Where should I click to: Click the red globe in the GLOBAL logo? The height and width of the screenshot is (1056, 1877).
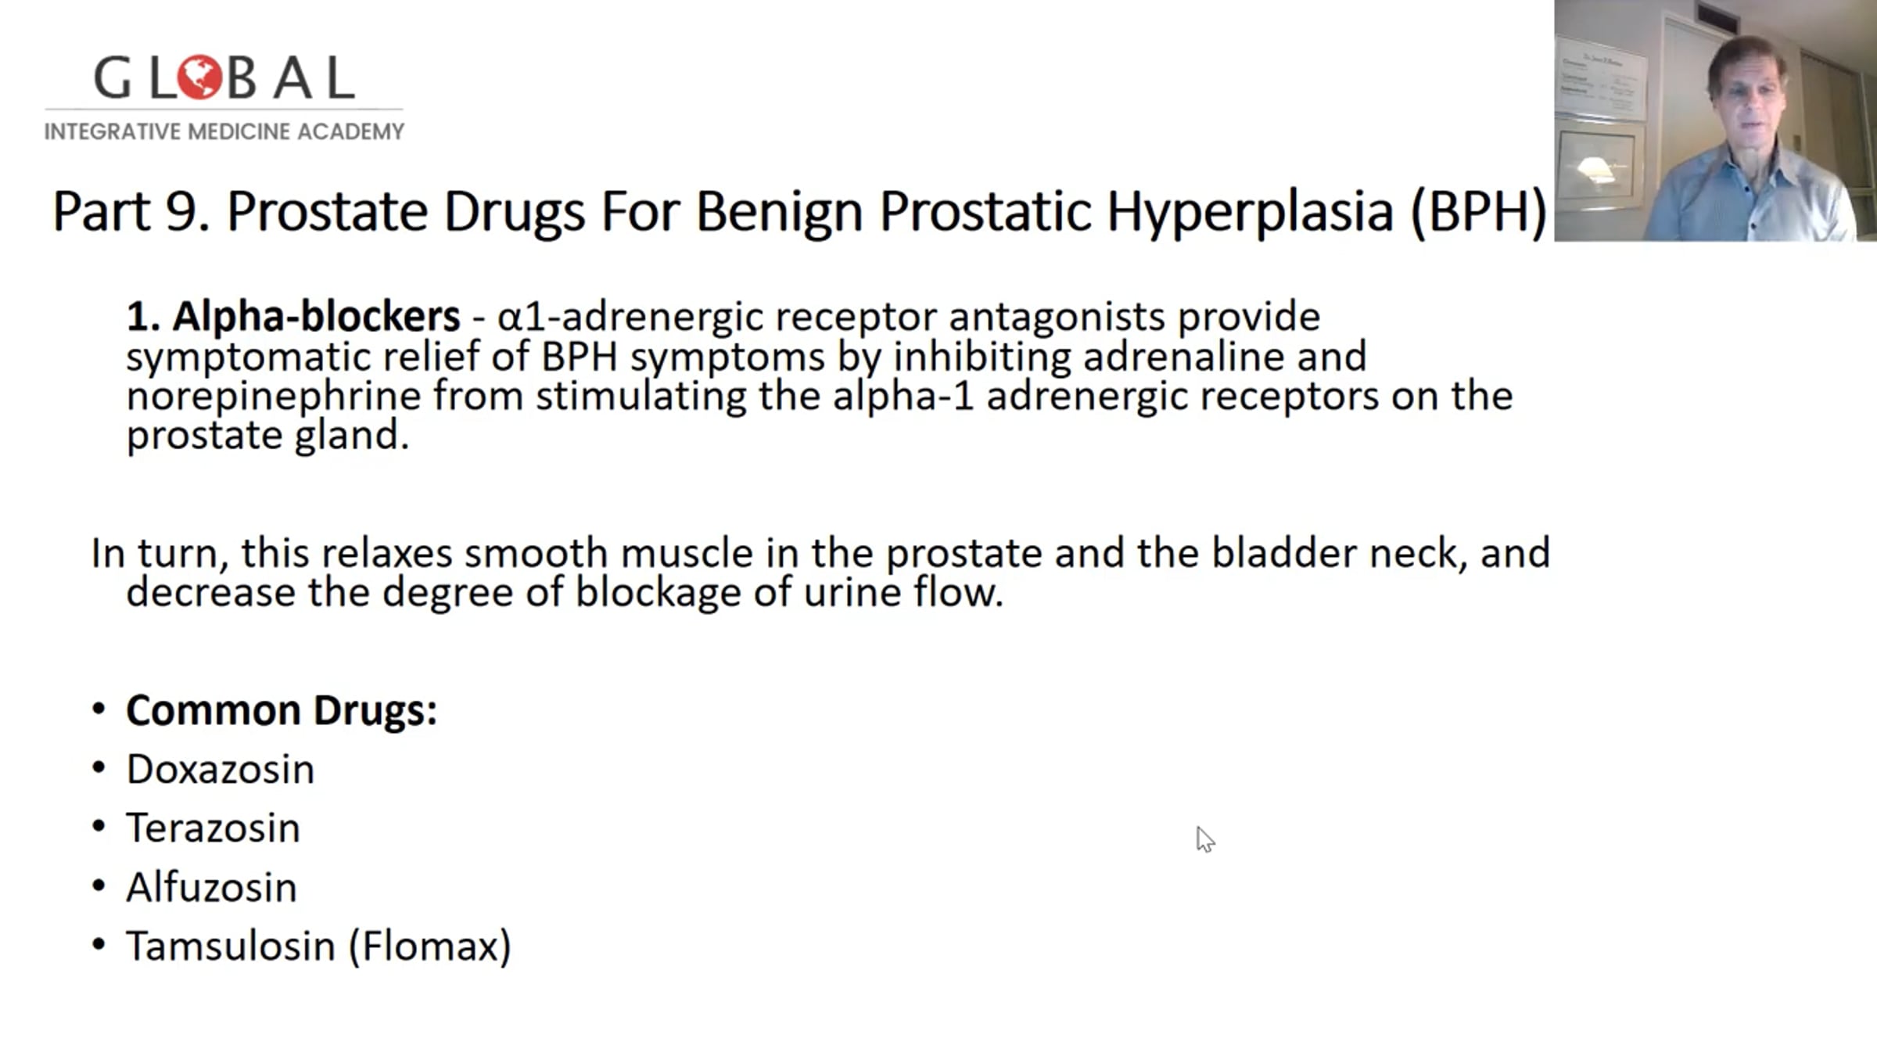(199, 77)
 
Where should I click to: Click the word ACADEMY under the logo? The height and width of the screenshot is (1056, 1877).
(350, 131)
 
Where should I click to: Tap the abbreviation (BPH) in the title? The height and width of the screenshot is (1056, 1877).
(1478, 211)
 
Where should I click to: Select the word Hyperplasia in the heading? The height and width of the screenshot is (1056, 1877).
(1250, 212)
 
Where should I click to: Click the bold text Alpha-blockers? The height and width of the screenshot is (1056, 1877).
(316, 316)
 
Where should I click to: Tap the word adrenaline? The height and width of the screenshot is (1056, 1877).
(1183, 357)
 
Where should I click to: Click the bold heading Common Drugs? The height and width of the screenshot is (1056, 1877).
(282, 711)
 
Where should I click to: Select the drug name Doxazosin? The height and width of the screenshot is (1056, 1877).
(221, 770)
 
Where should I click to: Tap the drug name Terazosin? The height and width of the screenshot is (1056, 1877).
(214, 828)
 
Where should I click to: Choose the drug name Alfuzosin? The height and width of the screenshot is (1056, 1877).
(212, 888)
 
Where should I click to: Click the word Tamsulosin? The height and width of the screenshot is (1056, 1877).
(231, 946)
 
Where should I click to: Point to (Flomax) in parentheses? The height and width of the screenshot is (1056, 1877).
(429, 947)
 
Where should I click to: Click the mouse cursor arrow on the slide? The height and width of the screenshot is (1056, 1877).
(1204, 839)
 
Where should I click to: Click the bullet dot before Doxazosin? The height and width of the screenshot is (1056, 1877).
(99, 767)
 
